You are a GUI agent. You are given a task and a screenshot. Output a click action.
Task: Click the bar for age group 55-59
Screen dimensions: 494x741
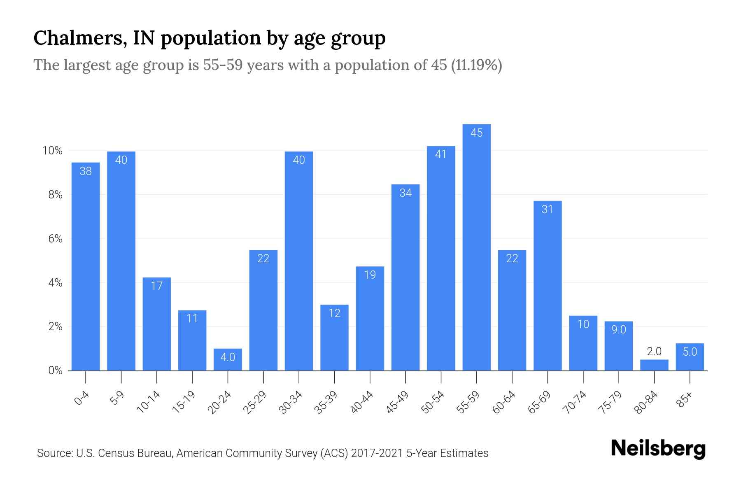coord(476,247)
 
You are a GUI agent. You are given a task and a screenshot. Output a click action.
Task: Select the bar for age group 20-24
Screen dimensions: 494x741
coord(228,360)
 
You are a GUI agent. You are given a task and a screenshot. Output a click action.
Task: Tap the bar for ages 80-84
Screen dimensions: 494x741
coord(654,365)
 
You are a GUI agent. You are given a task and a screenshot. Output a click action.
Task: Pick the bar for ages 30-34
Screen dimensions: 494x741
coord(299,261)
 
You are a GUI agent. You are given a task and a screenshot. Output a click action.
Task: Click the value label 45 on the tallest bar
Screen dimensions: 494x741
coord(476,133)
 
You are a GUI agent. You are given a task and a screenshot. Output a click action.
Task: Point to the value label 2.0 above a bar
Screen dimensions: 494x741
coord(654,352)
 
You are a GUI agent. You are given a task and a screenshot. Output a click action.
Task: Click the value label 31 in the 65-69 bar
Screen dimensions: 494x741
coord(547,210)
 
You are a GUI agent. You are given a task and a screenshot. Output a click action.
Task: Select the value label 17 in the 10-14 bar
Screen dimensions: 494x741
coord(157,286)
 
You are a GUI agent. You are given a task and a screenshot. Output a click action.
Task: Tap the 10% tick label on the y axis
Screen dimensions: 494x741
coord(52,151)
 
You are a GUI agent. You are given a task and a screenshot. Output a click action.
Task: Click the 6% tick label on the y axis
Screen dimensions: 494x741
coord(55,239)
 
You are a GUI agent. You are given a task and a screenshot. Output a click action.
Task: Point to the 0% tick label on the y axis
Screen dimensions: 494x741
coord(55,370)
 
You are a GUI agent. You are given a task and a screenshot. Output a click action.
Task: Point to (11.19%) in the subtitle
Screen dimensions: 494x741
coord(476,65)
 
